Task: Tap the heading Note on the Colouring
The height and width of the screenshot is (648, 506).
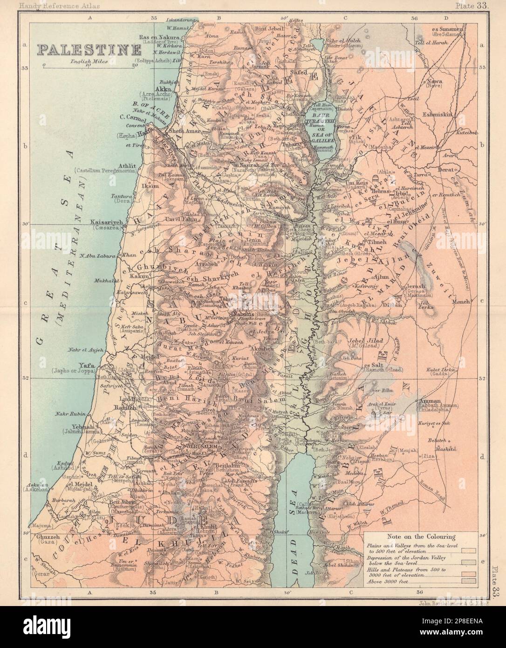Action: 416,537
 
